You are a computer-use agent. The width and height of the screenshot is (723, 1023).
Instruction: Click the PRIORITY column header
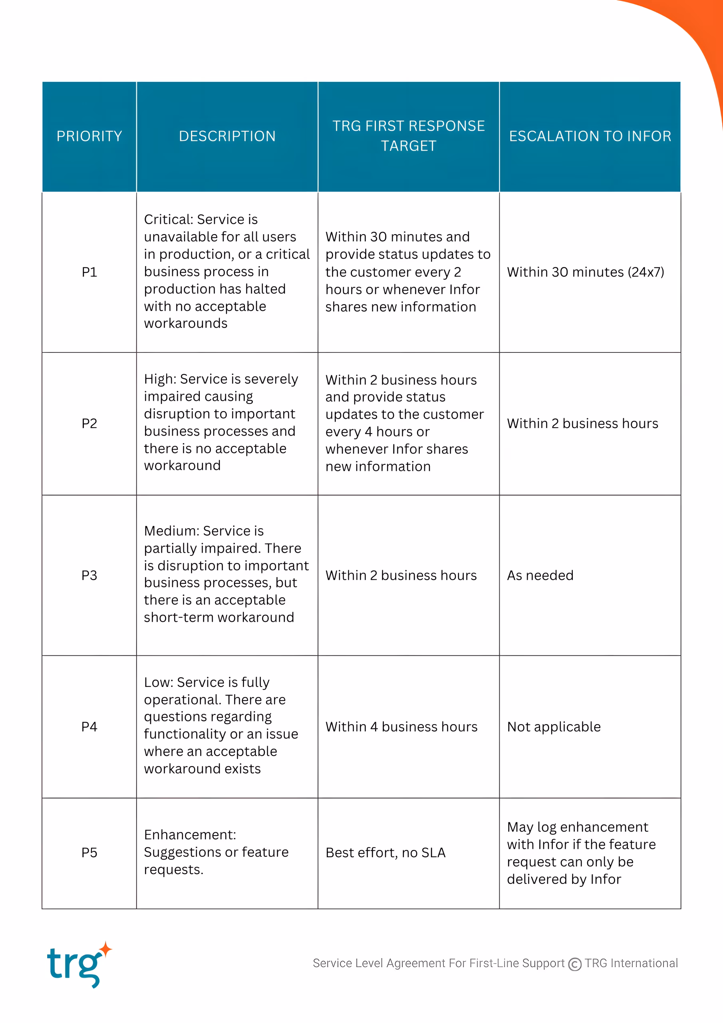pyautogui.click(x=89, y=136)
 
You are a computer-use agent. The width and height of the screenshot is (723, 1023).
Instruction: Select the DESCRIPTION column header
pyautogui.click(x=227, y=136)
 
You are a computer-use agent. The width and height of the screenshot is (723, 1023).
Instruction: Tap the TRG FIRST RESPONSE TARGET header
pyautogui.click(x=409, y=136)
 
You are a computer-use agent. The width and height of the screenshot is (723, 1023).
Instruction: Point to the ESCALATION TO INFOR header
pyautogui.click(x=590, y=136)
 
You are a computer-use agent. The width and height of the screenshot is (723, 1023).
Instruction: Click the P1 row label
pyautogui.click(x=89, y=272)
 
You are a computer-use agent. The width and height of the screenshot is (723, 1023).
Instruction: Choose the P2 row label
pyautogui.click(x=89, y=423)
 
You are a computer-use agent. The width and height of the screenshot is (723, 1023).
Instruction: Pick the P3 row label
pyautogui.click(x=89, y=575)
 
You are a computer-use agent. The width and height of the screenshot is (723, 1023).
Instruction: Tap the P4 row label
pyautogui.click(x=89, y=727)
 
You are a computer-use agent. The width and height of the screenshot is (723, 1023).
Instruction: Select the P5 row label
pyautogui.click(x=89, y=852)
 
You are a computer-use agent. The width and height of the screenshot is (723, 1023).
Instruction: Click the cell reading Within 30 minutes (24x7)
pyautogui.click(x=585, y=272)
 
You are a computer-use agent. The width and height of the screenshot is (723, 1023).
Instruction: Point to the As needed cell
pyautogui.click(x=540, y=575)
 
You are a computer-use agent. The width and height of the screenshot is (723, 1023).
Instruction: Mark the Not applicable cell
pyautogui.click(x=554, y=727)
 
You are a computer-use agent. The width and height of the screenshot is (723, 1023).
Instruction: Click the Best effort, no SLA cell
pyautogui.click(x=385, y=852)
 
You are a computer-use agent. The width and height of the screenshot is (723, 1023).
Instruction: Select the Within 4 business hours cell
pyautogui.click(x=401, y=727)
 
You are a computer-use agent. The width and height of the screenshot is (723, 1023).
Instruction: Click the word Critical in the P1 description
pyautogui.click(x=169, y=219)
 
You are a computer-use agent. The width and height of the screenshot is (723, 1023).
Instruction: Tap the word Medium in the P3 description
pyautogui.click(x=171, y=531)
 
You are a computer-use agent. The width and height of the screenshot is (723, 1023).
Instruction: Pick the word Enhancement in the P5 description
pyautogui.click(x=189, y=834)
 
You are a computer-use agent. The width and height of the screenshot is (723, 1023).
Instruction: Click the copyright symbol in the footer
pyautogui.click(x=575, y=964)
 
